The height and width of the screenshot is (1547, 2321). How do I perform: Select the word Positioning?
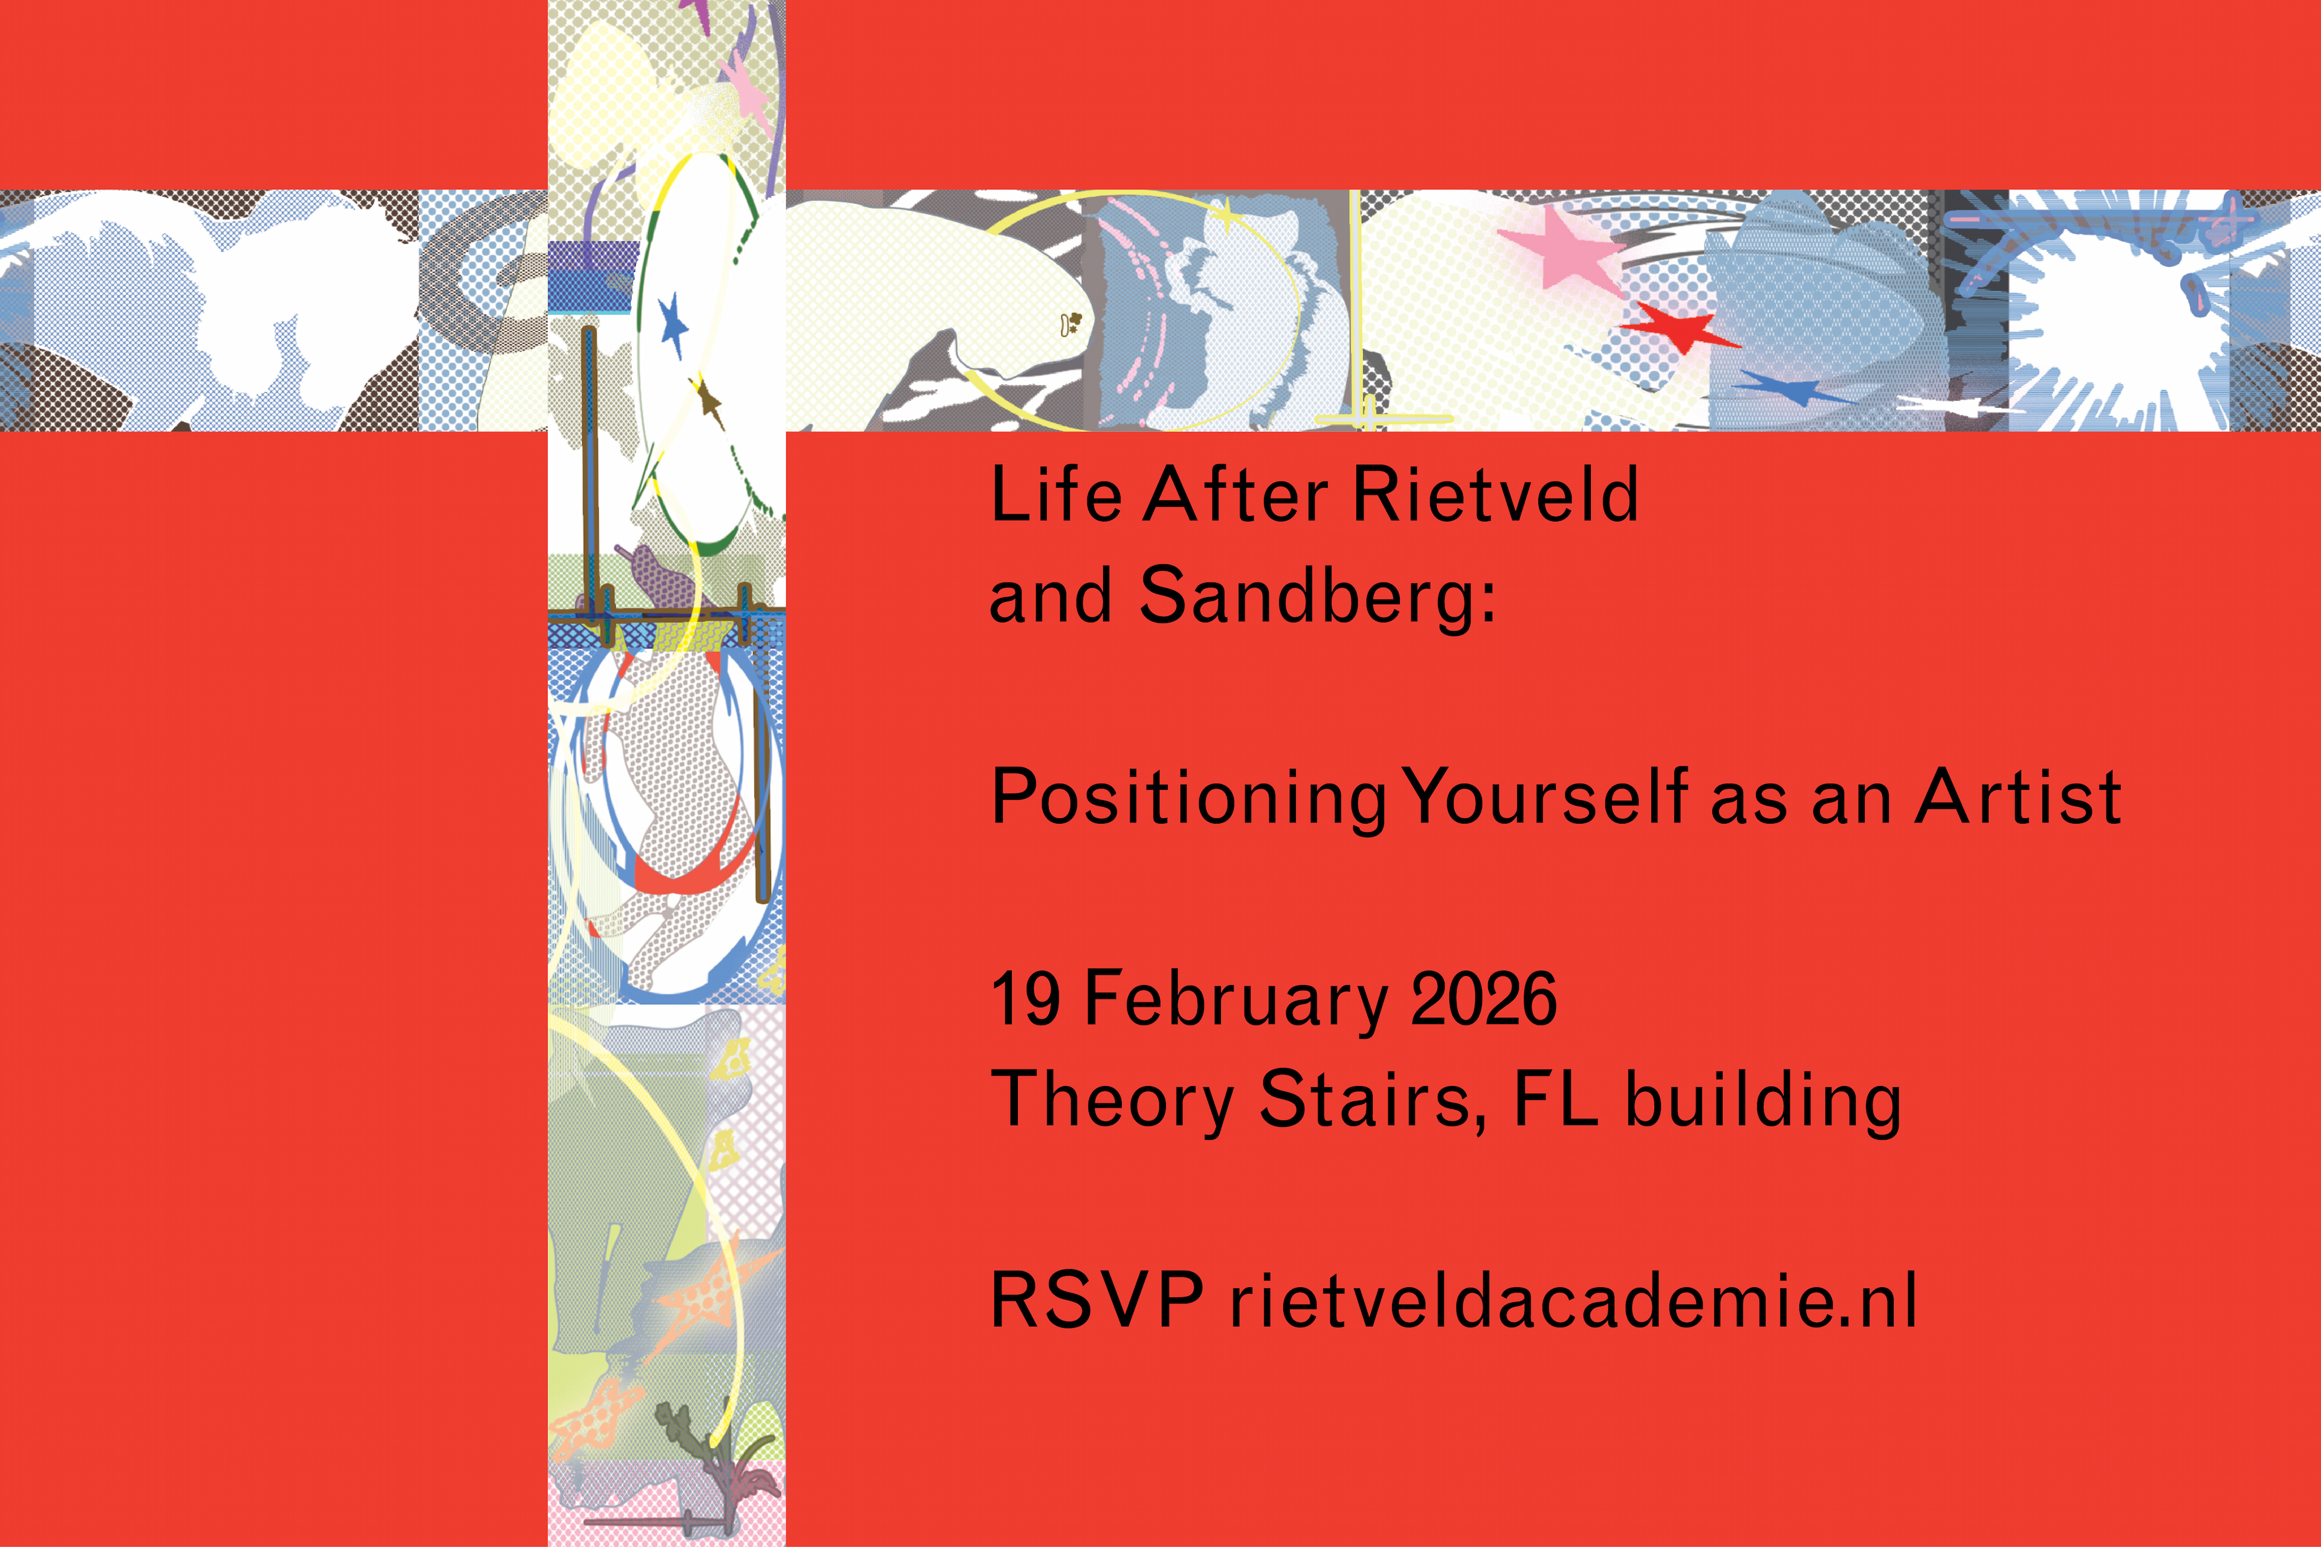pos(1189,798)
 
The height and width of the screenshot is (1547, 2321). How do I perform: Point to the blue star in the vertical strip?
pos(674,325)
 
